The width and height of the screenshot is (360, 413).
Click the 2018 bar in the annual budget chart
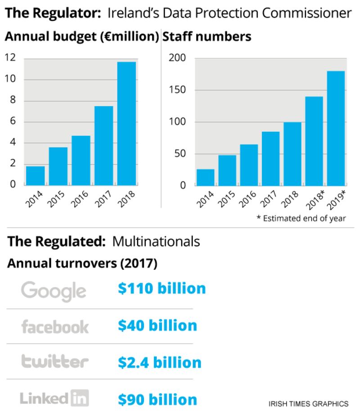point(126,123)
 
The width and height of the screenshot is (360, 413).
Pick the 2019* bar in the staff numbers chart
point(336,128)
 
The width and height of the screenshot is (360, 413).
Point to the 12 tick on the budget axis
point(10,58)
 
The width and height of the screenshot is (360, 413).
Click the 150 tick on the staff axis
point(176,90)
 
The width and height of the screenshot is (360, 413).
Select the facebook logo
point(55,327)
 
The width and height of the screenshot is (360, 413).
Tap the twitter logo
point(55,361)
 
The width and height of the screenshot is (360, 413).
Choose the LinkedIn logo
point(54,398)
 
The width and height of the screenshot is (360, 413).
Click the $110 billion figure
point(162,288)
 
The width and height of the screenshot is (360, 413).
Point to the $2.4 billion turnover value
point(159,362)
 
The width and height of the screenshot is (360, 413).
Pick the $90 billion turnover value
point(157,399)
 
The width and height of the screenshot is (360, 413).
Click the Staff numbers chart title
point(207,37)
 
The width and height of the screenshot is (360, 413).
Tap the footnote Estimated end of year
point(301,219)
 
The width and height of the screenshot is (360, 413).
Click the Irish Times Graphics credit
point(308,403)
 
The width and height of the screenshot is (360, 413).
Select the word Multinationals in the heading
point(156,242)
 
